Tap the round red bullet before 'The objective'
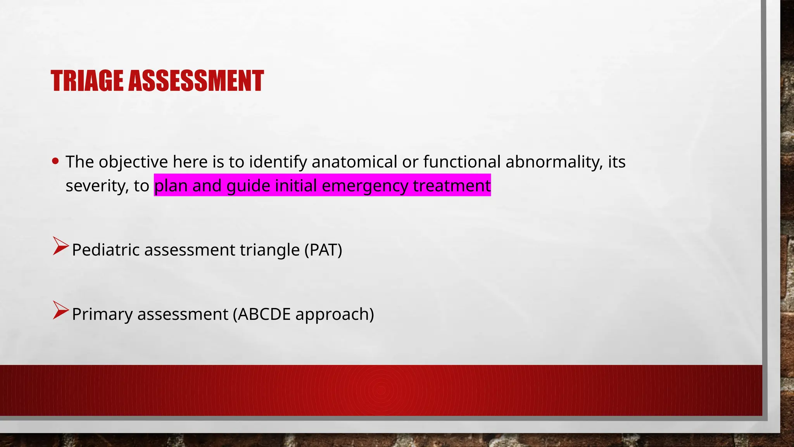[55, 161]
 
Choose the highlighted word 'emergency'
[365, 186]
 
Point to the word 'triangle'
[270, 250]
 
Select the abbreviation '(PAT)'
[323, 250]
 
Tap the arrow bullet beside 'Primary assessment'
[60, 310]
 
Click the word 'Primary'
[102, 314]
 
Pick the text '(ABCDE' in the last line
[262, 314]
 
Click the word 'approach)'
[335, 314]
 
